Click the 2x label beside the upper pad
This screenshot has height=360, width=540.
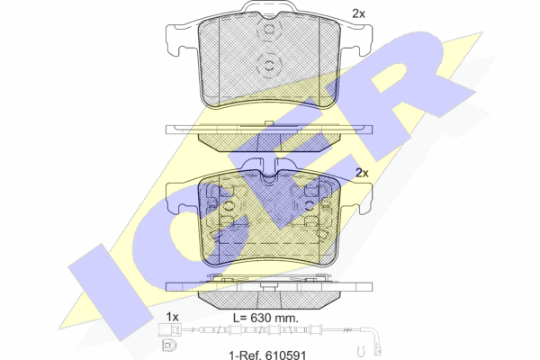pos(358,13)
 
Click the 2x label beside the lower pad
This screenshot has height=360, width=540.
pos(362,173)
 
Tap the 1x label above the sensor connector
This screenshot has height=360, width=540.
pos(172,317)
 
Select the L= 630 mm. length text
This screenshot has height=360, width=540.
pos(265,318)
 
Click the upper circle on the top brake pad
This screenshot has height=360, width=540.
pos(269,30)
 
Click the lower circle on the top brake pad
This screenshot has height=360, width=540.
pos(269,66)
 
